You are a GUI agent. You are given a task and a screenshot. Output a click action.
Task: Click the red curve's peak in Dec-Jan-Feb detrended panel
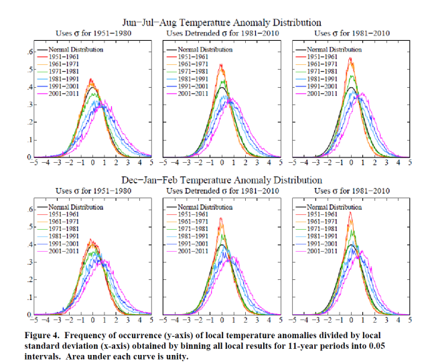coord(220,218)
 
